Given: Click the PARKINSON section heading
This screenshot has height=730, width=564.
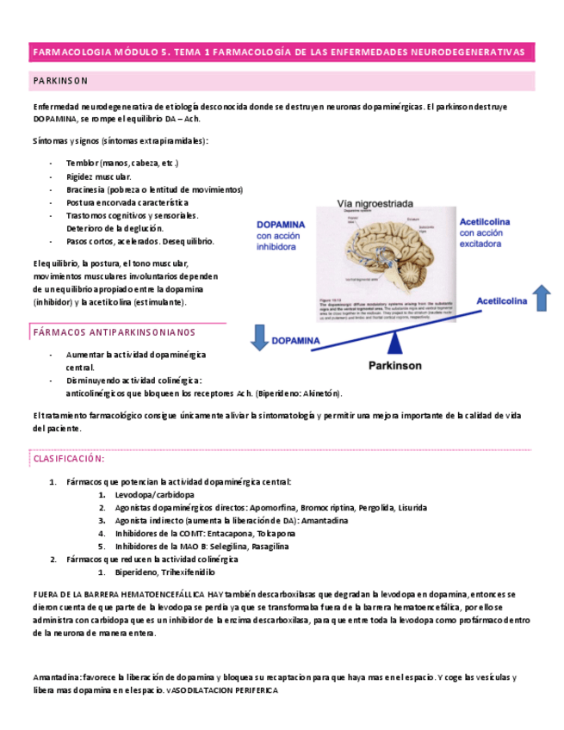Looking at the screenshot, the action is tap(60, 81).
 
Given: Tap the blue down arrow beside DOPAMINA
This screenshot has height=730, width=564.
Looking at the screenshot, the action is tap(259, 337).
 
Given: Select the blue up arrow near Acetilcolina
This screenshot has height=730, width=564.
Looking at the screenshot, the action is tap(541, 298).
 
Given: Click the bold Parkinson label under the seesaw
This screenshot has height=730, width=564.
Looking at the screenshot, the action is tap(395, 365).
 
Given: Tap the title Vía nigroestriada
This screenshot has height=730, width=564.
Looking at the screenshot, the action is tap(375, 204).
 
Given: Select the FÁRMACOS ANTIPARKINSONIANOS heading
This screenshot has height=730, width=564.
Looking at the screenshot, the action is tap(114, 331).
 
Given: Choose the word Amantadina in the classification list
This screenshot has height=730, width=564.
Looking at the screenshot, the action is tap(320, 521).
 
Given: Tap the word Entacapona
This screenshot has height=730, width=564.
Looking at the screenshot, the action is tap(230, 534).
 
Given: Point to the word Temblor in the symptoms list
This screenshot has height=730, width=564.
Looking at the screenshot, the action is tap(83, 163).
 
